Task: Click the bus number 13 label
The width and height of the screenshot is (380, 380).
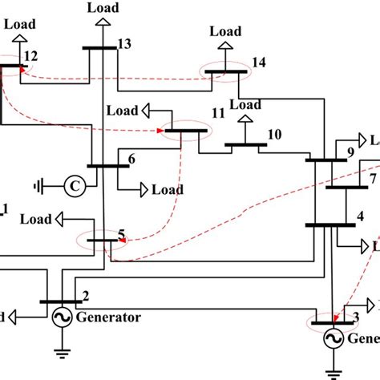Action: click(x=123, y=44)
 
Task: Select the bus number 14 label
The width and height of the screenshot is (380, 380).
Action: click(x=257, y=62)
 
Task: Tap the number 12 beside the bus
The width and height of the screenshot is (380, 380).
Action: click(x=30, y=55)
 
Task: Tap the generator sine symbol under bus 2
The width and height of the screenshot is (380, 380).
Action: click(x=60, y=318)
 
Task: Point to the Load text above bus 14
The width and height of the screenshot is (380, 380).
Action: click(x=225, y=31)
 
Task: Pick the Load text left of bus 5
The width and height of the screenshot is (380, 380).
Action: click(x=36, y=218)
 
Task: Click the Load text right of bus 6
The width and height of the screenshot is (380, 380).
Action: click(x=168, y=190)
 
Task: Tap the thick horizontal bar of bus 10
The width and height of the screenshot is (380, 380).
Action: click(x=245, y=146)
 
